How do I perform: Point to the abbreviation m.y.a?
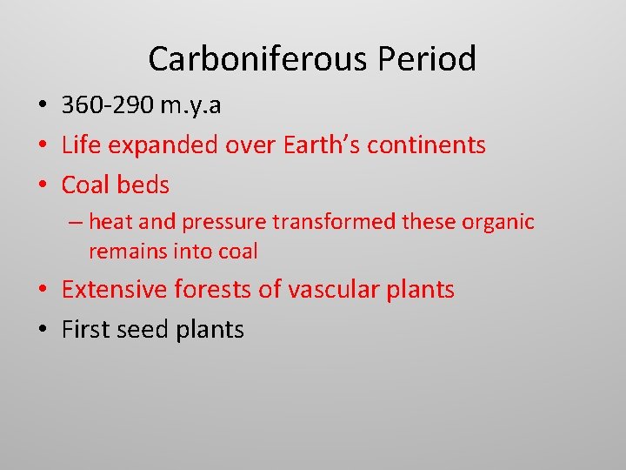click(x=190, y=105)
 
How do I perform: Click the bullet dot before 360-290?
click(x=42, y=106)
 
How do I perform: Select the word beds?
click(x=143, y=185)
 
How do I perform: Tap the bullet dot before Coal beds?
click(x=42, y=185)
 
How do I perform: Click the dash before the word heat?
click(x=76, y=222)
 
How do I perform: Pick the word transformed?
click(x=335, y=222)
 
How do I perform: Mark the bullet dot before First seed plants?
click(x=42, y=330)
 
